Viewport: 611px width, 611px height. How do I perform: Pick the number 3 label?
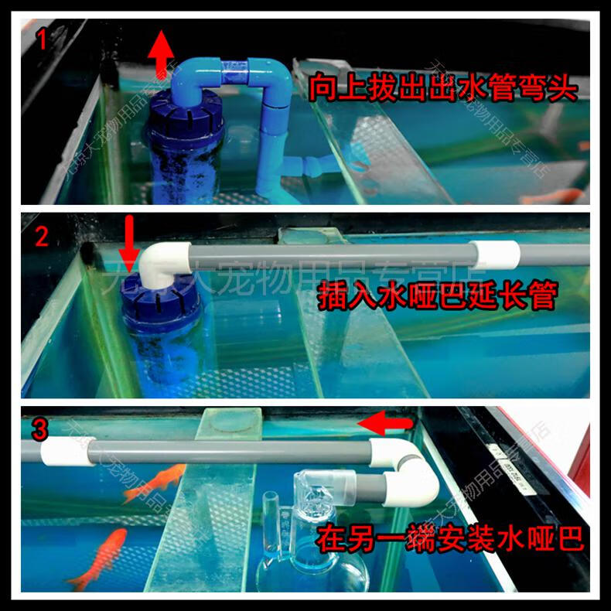point(41,426)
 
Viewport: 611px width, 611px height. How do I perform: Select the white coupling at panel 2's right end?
point(496,255)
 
